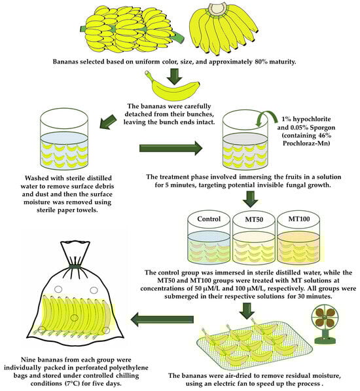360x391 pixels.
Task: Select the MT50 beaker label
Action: point(254,219)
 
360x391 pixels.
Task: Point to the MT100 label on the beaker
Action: point(299,219)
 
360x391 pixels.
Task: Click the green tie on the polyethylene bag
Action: point(75,267)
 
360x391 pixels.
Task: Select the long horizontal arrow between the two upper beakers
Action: point(171,148)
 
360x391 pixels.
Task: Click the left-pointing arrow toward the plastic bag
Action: point(162,320)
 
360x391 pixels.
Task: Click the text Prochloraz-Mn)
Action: point(306,143)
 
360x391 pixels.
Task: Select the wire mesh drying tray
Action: point(254,345)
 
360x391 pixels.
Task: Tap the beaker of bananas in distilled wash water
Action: point(64,138)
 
